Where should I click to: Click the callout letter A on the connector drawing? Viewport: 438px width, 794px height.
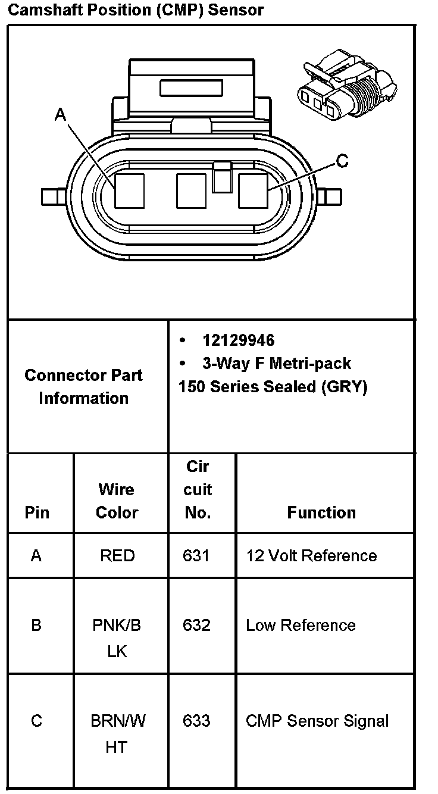click(x=60, y=114)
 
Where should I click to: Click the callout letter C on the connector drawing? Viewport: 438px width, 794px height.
click(x=342, y=161)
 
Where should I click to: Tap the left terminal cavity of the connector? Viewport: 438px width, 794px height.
click(x=130, y=190)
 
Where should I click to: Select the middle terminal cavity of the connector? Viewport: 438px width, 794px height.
click(x=191, y=190)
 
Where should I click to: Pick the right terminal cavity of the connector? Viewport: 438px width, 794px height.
click(x=253, y=190)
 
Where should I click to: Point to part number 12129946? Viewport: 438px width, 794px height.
click(x=238, y=340)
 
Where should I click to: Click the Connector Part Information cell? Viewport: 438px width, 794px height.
click(x=84, y=387)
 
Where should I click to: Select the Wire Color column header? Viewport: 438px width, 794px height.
click(x=117, y=501)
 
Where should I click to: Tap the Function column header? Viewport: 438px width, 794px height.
click(x=321, y=512)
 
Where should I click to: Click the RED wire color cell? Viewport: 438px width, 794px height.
click(x=117, y=556)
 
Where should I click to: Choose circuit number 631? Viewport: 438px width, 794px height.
click(x=196, y=556)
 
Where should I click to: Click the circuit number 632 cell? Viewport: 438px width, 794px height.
click(x=196, y=626)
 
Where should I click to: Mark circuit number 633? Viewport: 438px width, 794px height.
click(x=196, y=721)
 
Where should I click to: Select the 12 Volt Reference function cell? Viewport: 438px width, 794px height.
click(x=311, y=556)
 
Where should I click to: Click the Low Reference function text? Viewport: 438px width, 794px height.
click(x=301, y=626)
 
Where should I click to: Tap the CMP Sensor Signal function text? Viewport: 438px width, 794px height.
click(x=317, y=721)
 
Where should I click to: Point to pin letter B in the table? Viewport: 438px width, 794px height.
click(x=36, y=626)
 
